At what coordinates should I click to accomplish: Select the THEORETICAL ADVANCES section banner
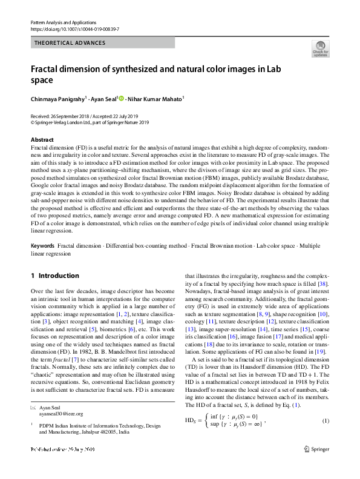coord(71,43)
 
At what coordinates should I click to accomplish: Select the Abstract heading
coord(42,139)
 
